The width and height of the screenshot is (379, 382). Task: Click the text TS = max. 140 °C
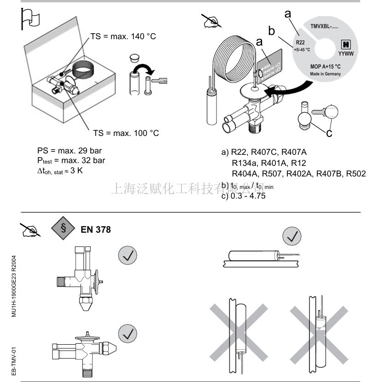[122, 36]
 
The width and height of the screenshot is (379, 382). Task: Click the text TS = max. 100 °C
[126, 133]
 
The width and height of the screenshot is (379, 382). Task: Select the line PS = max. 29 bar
[70, 151]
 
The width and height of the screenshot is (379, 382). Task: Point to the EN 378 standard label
[95, 229]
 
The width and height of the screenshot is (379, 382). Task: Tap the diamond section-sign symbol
[62, 229]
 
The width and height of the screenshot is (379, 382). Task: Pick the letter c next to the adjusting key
[328, 133]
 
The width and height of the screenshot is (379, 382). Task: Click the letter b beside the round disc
[272, 31]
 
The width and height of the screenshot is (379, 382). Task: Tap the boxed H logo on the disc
[344, 44]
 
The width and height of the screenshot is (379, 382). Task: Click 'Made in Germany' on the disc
[325, 74]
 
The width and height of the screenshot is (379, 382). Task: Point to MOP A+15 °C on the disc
[326, 66]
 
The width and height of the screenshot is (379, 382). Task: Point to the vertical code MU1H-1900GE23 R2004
[15, 282]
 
